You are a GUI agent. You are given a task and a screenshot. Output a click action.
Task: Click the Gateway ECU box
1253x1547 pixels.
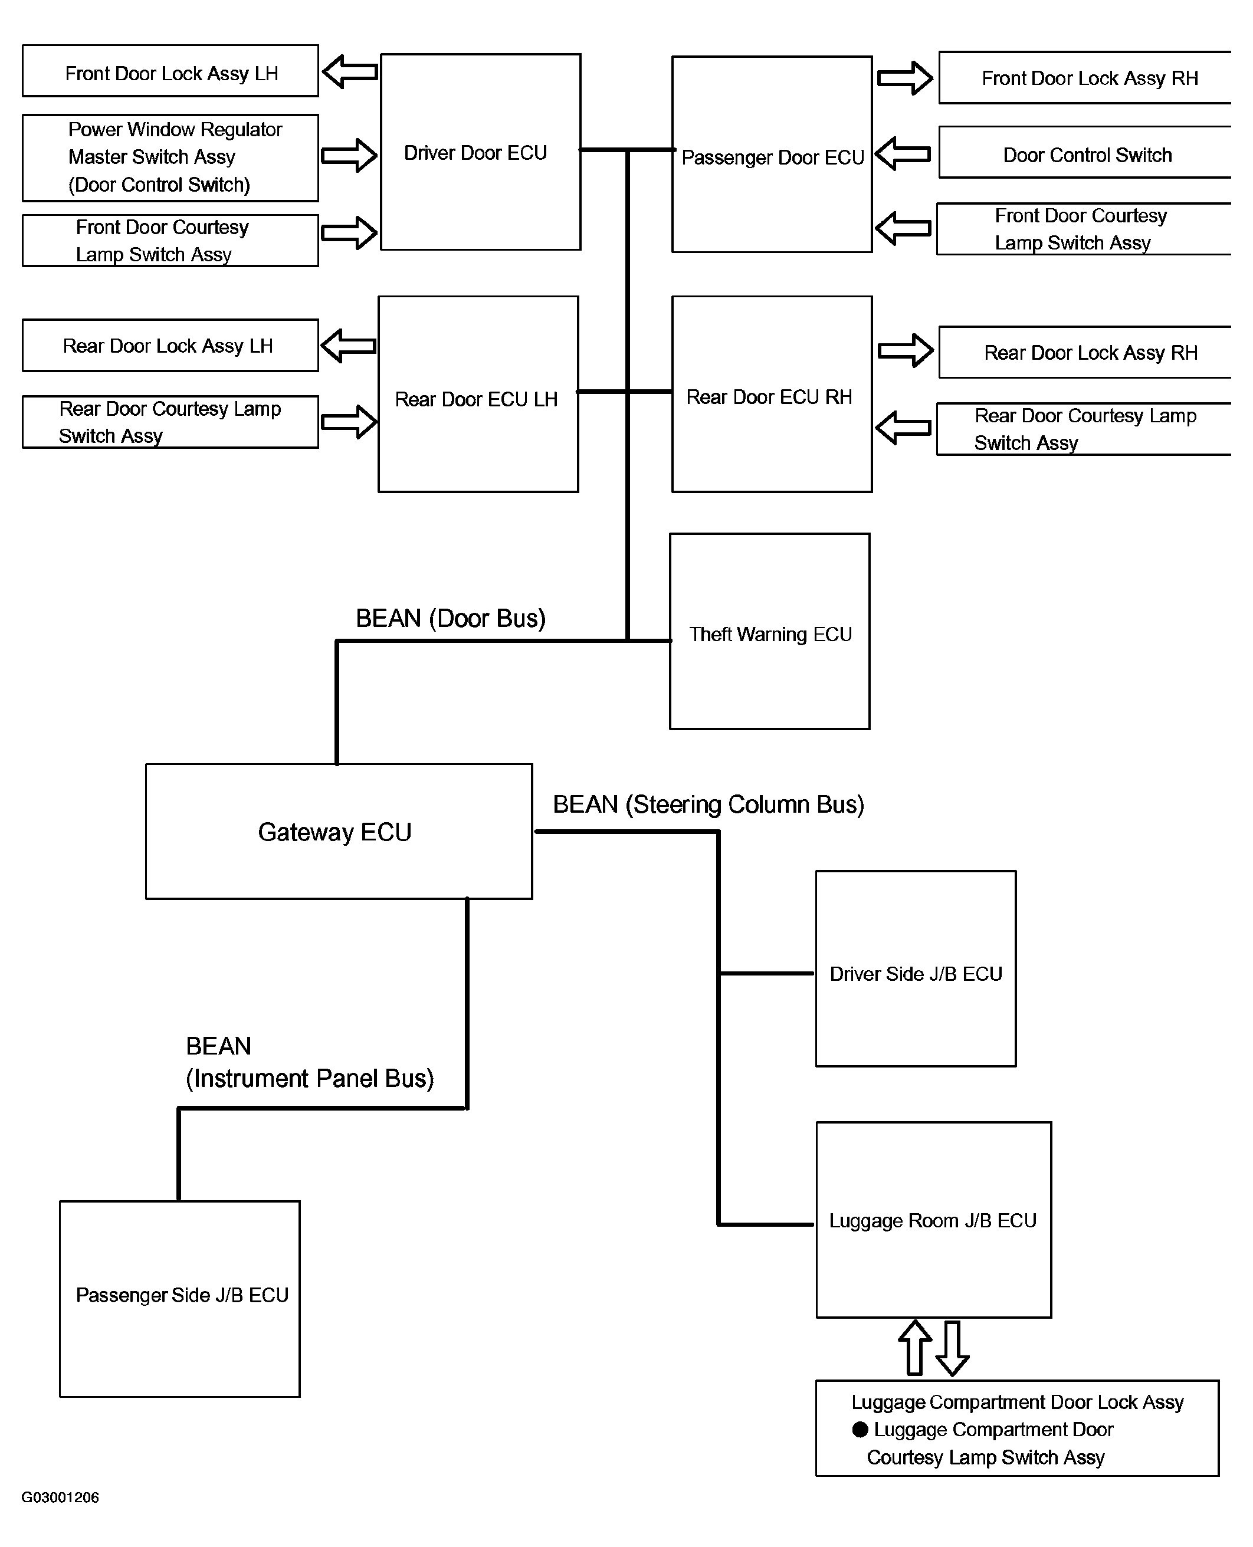[x=339, y=831]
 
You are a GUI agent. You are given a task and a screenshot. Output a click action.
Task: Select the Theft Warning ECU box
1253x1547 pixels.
[x=769, y=631]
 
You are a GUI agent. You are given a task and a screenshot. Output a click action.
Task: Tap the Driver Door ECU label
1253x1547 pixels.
[x=475, y=153]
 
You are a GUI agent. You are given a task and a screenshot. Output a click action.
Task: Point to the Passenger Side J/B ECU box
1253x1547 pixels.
[x=180, y=1299]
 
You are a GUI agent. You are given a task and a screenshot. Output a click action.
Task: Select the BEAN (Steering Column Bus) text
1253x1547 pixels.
[x=708, y=804]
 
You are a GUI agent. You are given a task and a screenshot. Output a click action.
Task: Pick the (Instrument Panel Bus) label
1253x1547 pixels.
[x=310, y=1079]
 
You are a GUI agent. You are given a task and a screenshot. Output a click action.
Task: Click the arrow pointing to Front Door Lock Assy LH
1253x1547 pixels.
[x=350, y=71]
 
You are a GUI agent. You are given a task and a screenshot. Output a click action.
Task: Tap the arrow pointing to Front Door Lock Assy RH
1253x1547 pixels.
[x=905, y=78]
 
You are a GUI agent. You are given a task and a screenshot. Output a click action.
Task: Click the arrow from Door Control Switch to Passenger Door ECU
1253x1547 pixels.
[x=903, y=154]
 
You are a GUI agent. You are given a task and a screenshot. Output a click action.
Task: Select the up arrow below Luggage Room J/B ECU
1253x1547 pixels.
[x=915, y=1348]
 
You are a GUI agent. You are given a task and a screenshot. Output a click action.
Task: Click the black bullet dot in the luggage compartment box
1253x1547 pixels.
[x=860, y=1430]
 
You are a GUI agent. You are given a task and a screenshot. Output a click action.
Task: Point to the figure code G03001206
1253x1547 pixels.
[x=60, y=1497]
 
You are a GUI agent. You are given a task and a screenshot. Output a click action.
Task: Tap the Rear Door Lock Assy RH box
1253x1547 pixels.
[x=1085, y=352]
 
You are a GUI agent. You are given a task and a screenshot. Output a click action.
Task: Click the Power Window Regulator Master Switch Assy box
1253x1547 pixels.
[x=170, y=158]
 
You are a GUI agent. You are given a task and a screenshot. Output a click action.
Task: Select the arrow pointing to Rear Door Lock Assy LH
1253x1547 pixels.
[x=349, y=346]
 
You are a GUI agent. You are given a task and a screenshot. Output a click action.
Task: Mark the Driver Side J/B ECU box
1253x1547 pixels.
[x=916, y=969]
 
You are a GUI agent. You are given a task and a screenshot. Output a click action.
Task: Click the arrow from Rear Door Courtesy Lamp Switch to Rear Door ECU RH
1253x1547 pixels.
[x=903, y=428]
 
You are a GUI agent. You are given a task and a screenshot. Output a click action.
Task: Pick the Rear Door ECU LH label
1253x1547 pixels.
[x=477, y=399]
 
